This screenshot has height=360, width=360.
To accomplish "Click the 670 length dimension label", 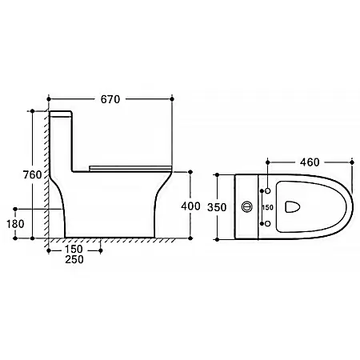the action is click(x=110, y=99).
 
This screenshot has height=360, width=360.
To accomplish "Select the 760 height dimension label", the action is click(x=32, y=174).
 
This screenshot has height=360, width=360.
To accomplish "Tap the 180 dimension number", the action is click(x=15, y=224).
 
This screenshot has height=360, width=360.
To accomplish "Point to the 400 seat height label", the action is click(x=190, y=206).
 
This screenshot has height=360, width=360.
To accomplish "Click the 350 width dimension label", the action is click(x=217, y=207).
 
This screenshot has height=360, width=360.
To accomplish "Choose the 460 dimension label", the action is click(x=310, y=162).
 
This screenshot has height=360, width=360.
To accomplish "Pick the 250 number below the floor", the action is click(x=74, y=259).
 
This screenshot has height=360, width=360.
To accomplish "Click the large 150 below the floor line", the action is click(x=74, y=249).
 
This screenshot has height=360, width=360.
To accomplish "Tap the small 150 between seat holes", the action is click(x=267, y=207).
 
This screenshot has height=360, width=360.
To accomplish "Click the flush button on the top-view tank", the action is click(x=247, y=206).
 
